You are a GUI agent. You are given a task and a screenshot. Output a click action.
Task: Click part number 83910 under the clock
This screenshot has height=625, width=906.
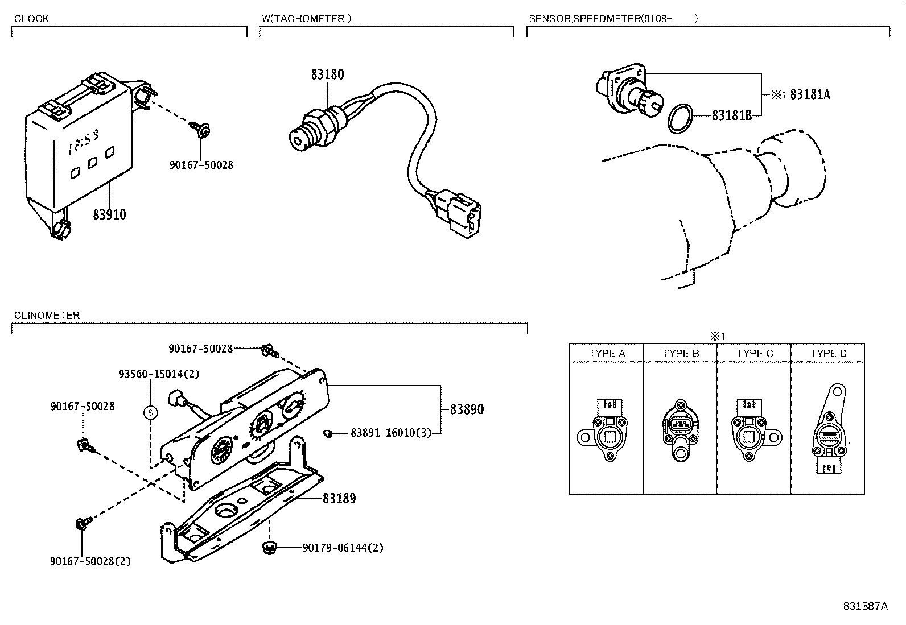click(x=109, y=215)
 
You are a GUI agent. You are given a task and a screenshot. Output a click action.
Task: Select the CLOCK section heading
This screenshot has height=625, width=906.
click(x=31, y=19)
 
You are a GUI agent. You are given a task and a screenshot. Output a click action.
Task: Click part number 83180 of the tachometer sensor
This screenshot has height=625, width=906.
click(x=327, y=74)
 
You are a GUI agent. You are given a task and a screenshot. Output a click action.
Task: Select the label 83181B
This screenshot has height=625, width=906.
click(x=732, y=115)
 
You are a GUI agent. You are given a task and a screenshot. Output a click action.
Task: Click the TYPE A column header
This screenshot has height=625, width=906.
click(x=607, y=354)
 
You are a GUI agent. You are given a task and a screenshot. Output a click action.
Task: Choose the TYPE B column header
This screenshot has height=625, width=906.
click(x=681, y=354)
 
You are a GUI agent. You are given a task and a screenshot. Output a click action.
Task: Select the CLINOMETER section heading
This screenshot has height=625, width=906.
click(x=47, y=316)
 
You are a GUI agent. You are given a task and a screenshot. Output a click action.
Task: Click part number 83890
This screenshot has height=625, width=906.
click(x=467, y=409)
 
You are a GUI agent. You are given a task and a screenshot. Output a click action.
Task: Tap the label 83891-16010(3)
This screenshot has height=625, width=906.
click(x=390, y=433)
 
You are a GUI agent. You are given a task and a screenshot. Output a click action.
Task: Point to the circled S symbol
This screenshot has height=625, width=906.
click(x=150, y=412)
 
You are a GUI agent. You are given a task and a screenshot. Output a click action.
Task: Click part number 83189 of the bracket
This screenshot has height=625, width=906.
click(x=339, y=499)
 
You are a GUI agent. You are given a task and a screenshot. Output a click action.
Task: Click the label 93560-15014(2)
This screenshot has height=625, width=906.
click(x=159, y=374)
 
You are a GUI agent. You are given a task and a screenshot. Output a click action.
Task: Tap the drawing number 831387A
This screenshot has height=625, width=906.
click(x=865, y=606)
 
